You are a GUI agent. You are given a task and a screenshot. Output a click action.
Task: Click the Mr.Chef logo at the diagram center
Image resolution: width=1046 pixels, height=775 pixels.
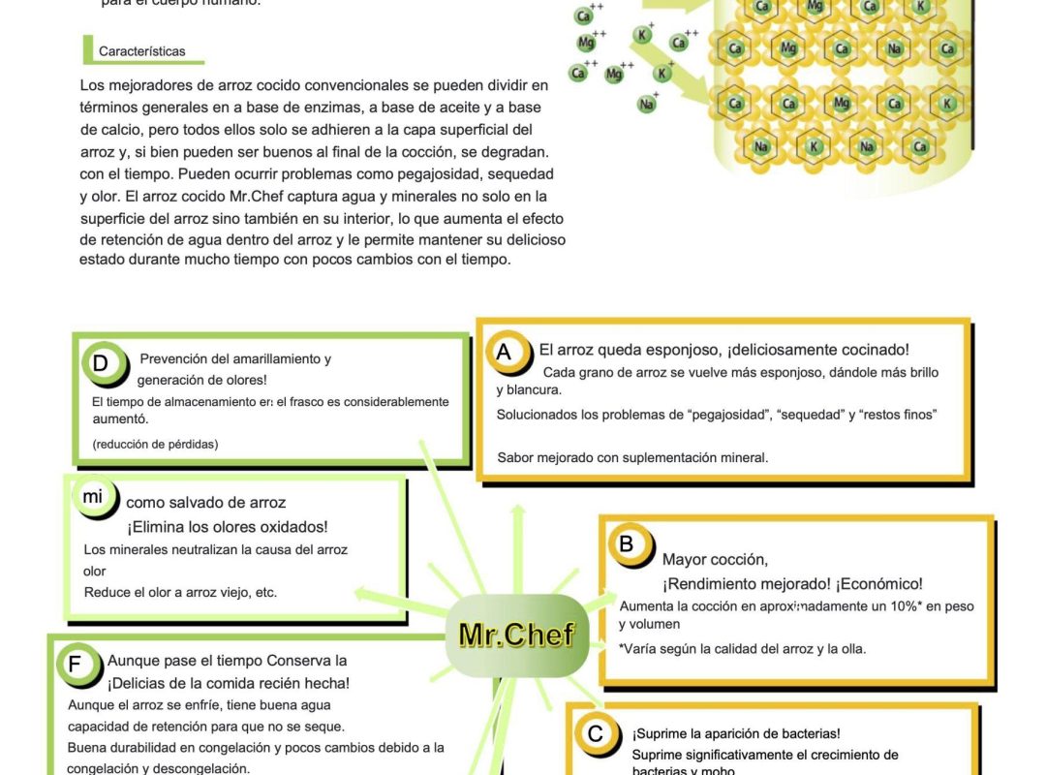(516, 635)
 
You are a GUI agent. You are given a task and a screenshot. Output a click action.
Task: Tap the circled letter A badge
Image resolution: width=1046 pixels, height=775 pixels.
(504, 353)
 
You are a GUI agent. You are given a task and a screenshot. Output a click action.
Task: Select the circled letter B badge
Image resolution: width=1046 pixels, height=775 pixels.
(626, 544)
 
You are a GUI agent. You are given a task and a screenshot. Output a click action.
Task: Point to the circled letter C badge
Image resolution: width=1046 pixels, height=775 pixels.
(596, 733)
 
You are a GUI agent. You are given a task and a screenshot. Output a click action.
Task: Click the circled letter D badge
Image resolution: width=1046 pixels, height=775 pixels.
(101, 363)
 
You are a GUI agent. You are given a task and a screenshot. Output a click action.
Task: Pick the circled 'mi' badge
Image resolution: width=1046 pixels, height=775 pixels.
(92, 497)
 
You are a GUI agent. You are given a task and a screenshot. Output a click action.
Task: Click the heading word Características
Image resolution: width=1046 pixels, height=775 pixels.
(141, 51)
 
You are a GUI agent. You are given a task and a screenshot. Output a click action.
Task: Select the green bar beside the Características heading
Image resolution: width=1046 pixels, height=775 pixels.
(86, 50)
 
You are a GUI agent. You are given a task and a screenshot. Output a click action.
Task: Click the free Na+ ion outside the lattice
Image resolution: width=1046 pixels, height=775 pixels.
(646, 104)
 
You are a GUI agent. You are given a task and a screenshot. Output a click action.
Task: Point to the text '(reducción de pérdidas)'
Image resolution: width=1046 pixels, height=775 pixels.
(155, 444)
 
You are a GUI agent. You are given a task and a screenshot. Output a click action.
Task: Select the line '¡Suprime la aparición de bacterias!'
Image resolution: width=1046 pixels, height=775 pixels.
(736, 734)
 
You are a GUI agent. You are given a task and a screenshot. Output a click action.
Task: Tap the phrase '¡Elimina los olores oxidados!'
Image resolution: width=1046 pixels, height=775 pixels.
(227, 527)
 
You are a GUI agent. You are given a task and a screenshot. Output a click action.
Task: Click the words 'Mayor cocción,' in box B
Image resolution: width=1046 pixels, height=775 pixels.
(715, 559)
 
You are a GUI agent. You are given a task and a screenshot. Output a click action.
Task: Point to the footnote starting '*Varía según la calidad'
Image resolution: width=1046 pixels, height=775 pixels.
(742, 648)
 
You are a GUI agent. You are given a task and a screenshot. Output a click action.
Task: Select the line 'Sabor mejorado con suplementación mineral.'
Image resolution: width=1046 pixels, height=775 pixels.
(632, 457)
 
